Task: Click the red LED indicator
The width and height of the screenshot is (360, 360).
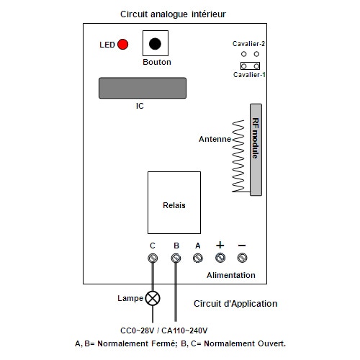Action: (122, 45)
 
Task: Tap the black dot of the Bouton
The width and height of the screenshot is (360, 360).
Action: (155, 44)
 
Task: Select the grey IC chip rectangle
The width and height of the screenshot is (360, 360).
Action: (143, 88)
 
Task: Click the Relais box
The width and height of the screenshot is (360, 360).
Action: (174, 202)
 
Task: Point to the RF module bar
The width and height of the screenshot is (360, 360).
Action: (256, 150)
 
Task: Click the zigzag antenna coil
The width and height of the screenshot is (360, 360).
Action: (238, 156)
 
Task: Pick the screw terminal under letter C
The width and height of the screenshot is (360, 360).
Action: (153, 258)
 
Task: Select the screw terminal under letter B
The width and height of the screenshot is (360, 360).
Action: (176, 258)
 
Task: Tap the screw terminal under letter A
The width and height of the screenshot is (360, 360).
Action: (198, 258)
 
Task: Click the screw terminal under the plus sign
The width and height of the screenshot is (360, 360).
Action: (220, 258)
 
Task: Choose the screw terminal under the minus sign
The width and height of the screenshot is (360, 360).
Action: (242, 258)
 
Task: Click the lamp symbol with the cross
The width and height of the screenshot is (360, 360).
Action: (153, 298)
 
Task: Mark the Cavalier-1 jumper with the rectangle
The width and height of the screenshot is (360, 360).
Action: (250, 66)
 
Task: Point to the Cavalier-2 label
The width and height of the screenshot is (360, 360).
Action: (248, 44)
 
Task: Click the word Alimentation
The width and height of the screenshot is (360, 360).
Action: (231, 275)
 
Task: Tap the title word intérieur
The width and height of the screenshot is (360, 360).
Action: (209, 14)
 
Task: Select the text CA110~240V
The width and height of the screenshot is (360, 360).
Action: (184, 330)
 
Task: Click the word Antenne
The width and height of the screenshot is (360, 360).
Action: (215, 139)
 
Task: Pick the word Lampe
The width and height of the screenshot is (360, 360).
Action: (130, 299)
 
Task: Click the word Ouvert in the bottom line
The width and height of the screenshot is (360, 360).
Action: (271, 343)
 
